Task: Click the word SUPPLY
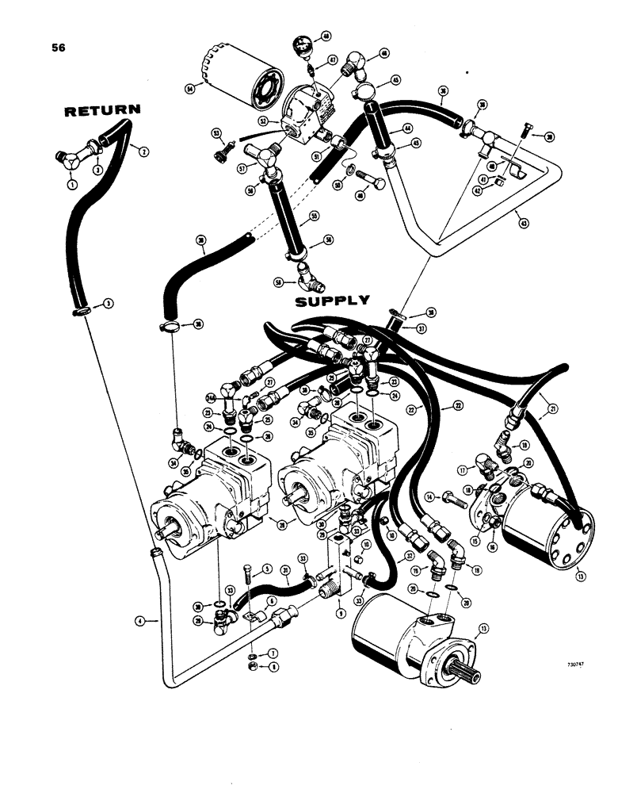tap(331, 301)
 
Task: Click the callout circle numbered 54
tap(190, 89)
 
